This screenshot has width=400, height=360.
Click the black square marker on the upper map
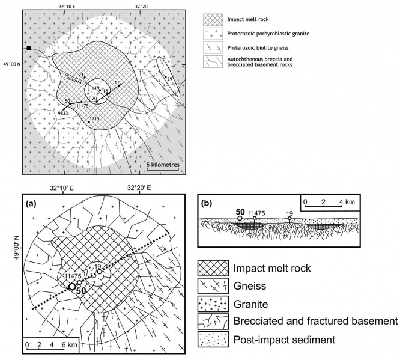tap(29, 48)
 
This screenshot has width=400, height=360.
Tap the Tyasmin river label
tap(73, 79)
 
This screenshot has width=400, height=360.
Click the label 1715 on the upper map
tap(94, 119)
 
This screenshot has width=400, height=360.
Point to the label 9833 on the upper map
tap(62, 113)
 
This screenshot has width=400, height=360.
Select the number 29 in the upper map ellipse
tap(169, 79)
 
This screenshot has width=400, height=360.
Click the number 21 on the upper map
tap(81, 75)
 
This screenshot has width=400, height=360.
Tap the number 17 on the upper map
tap(117, 82)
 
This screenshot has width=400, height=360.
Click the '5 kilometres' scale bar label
tap(163, 165)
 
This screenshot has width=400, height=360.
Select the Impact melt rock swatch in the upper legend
tap(213, 20)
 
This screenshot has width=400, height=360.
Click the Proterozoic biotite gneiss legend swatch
tap(213, 47)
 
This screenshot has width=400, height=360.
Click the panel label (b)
tap(207, 203)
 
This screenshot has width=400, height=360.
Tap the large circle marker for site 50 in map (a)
tap(72, 287)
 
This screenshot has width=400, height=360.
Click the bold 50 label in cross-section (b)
tap(240, 212)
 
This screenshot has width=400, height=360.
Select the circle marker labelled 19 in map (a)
tap(100, 272)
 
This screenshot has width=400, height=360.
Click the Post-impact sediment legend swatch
tap(213, 340)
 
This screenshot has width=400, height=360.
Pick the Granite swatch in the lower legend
tap(213, 304)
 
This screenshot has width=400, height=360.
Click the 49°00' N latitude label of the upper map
tap(12, 64)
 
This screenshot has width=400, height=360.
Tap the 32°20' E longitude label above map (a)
tap(139, 188)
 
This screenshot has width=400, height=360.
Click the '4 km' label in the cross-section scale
tap(347, 202)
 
